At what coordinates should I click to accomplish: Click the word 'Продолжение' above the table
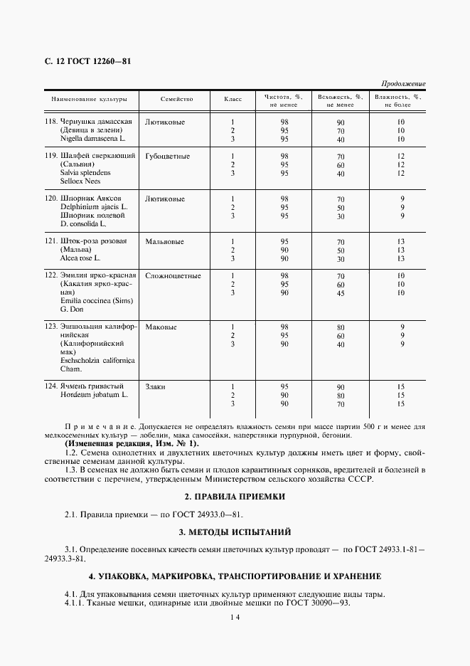pyautogui.click(x=403, y=84)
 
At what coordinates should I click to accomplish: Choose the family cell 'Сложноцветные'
pyautogui.click(x=173, y=275)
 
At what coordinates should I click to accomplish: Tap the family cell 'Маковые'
pyautogui.click(x=161, y=327)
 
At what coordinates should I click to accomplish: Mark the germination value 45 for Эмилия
pyautogui.click(x=341, y=293)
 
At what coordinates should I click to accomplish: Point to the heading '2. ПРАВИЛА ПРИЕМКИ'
pyautogui.click(x=235, y=497)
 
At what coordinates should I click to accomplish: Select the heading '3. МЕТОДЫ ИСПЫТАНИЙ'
pyautogui.click(x=235, y=532)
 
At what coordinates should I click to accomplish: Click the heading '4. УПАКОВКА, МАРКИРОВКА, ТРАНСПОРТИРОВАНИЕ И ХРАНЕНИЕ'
pyautogui.click(x=235, y=576)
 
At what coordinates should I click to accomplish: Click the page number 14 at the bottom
pyautogui.click(x=235, y=618)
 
